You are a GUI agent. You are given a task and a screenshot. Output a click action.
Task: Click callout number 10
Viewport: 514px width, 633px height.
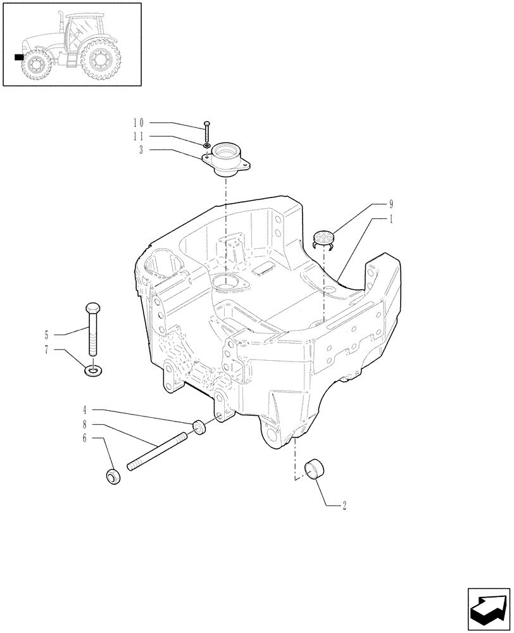click(x=139, y=122)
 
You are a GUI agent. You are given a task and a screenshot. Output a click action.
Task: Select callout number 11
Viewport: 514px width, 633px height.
click(x=139, y=136)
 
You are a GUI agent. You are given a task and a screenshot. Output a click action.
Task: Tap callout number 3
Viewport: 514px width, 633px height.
click(x=141, y=149)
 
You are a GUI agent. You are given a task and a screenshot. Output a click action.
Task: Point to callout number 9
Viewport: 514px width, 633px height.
click(x=391, y=204)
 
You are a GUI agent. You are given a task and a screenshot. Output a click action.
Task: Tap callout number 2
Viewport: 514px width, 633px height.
click(x=344, y=505)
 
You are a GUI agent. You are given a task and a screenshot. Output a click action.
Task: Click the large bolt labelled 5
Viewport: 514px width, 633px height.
click(x=92, y=329)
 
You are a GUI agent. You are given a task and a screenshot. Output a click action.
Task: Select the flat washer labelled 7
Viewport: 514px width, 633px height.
click(x=93, y=369)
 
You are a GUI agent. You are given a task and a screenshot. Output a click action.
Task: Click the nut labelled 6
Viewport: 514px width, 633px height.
click(x=114, y=476)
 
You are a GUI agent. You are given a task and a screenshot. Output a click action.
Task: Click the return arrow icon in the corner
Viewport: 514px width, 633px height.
click(x=488, y=608)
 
